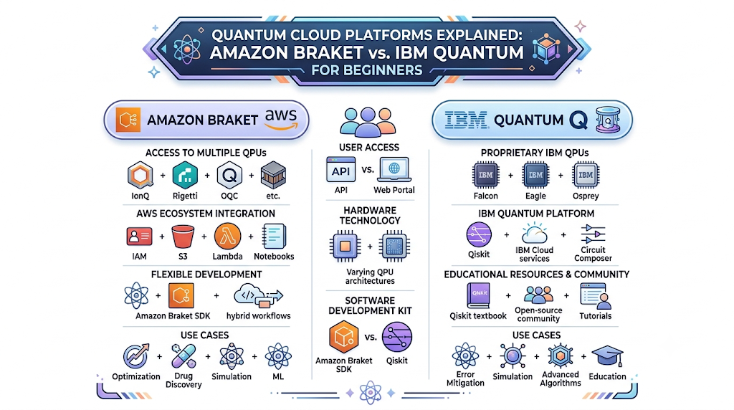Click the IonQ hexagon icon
[140, 176]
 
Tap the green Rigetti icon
[185, 176]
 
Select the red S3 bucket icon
[183, 237]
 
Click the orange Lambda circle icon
[227, 237]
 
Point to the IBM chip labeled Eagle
[535, 175]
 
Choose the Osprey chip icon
[586, 175]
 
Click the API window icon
[340, 170]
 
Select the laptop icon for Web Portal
[394, 170]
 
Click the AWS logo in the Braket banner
[281, 120]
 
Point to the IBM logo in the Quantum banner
[466, 120]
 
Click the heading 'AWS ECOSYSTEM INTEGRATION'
[206, 214]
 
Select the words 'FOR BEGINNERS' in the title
[367, 71]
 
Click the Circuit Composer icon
[593, 234]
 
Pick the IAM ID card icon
[139, 237]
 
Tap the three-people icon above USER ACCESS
[368, 122]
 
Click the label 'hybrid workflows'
[258, 316]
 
